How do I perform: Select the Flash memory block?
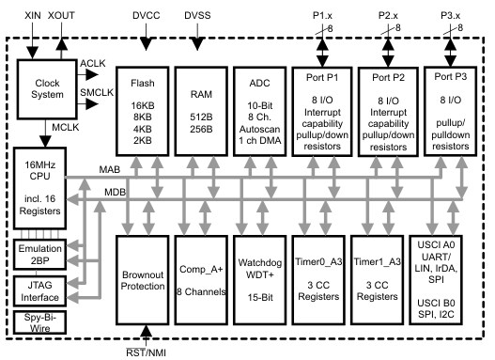144,109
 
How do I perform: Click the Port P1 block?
322,109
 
